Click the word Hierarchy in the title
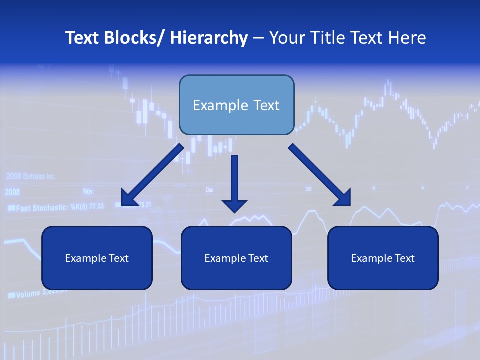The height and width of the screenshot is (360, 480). [209, 38]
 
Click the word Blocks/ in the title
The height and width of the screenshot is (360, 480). [134, 38]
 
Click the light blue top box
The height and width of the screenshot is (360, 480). [236, 105]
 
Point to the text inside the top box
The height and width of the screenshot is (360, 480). [236, 105]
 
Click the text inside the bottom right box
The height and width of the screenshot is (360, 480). [383, 258]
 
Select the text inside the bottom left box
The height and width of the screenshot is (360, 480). [97, 258]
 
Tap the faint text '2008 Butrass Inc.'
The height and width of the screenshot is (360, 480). [31, 177]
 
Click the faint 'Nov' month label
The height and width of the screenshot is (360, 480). [88, 191]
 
